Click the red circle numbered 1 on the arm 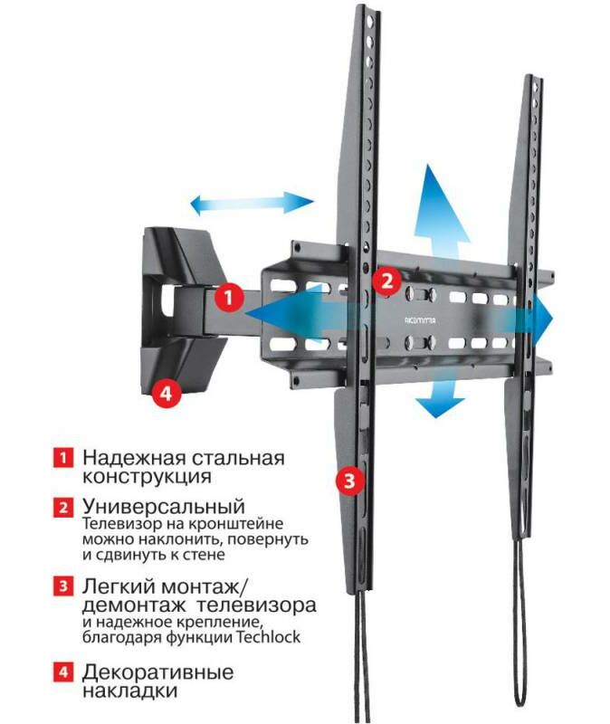pyautogui.click(x=229, y=296)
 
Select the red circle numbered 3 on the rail pyautogui.click(x=350, y=480)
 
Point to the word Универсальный pyautogui.click(x=164, y=506)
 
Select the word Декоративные pyautogui.click(x=157, y=673)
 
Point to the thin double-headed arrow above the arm pyautogui.click(x=253, y=203)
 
